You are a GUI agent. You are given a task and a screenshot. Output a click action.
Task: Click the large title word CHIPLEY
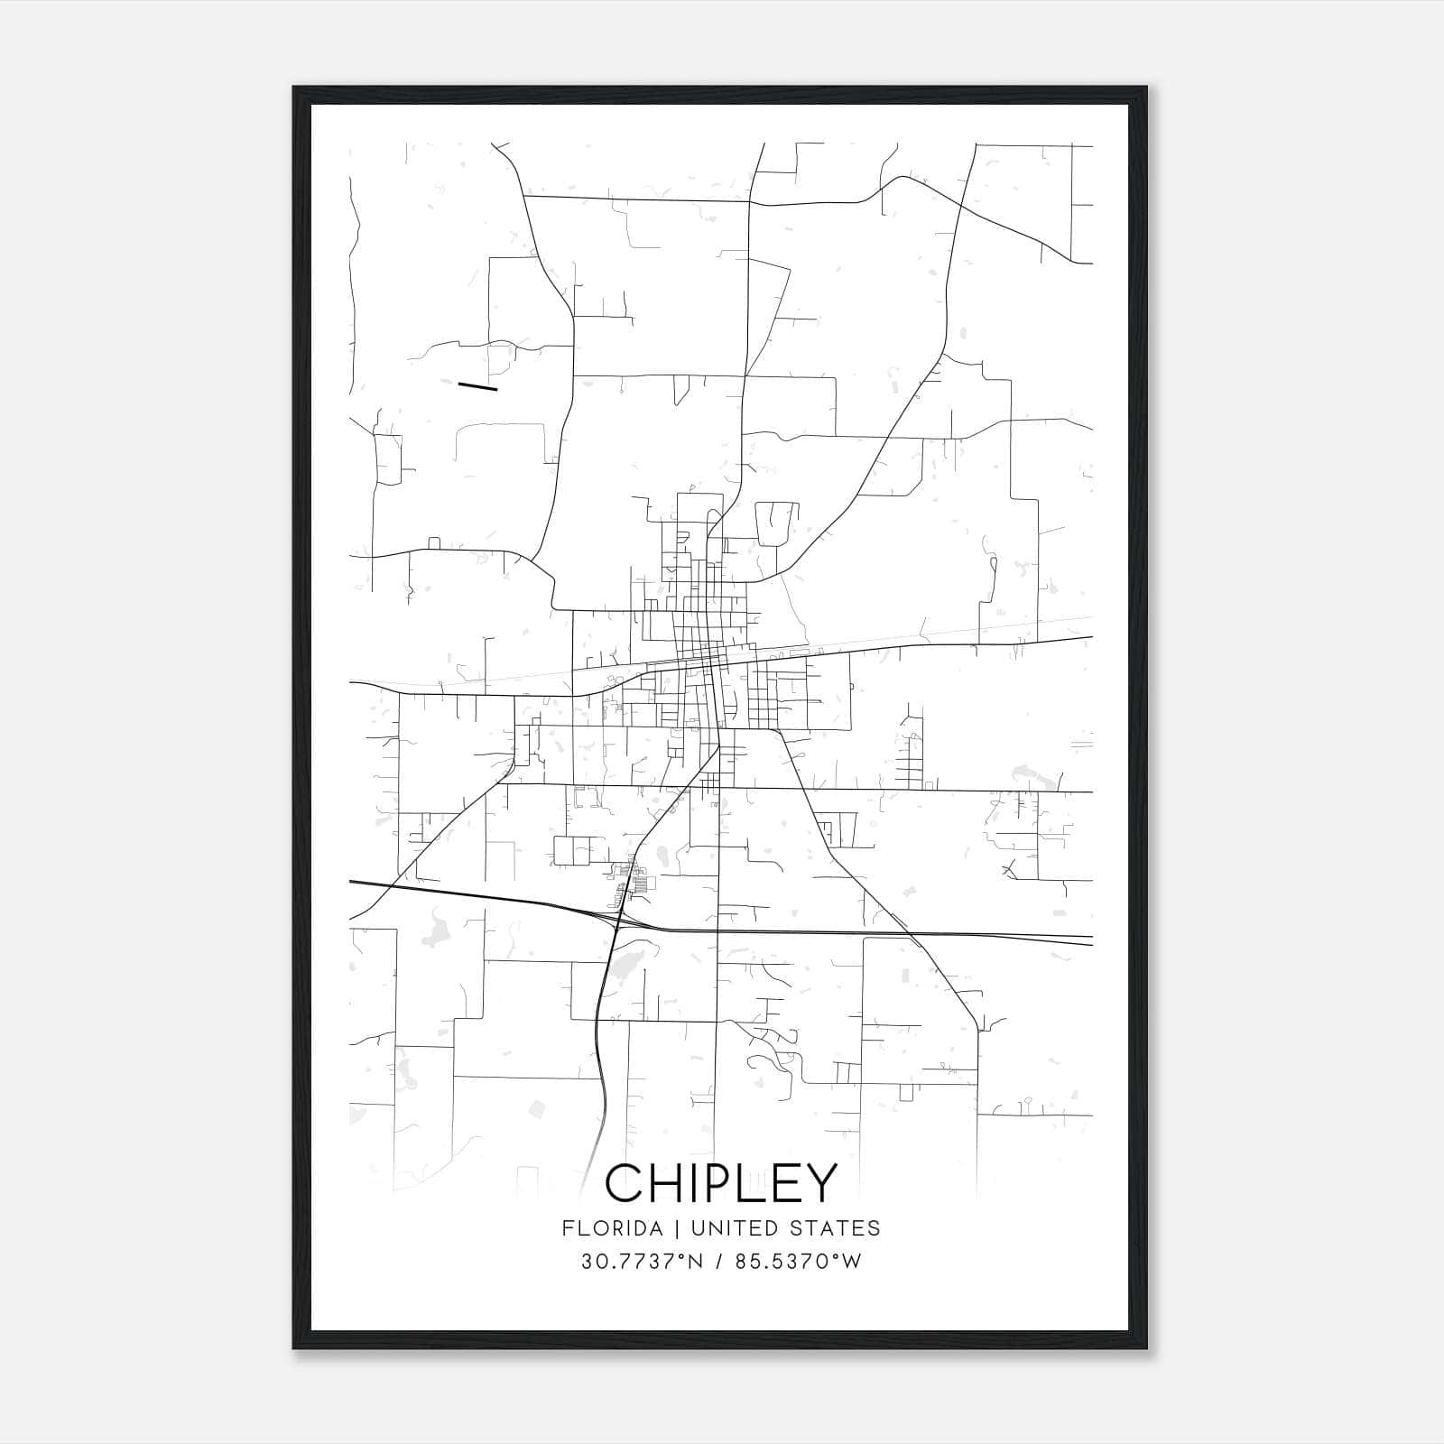click(721, 1182)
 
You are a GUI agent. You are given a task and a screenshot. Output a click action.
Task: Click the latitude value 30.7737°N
click(642, 1262)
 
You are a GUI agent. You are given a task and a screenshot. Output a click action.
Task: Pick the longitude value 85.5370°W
click(798, 1262)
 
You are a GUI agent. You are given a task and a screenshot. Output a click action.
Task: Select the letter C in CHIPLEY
click(625, 1182)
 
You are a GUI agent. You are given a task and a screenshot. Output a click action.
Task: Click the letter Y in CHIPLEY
click(821, 1182)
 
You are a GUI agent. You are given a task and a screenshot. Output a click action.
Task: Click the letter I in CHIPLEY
click(697, 1182)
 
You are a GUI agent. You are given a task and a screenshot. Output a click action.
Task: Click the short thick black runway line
click(477, 386)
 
